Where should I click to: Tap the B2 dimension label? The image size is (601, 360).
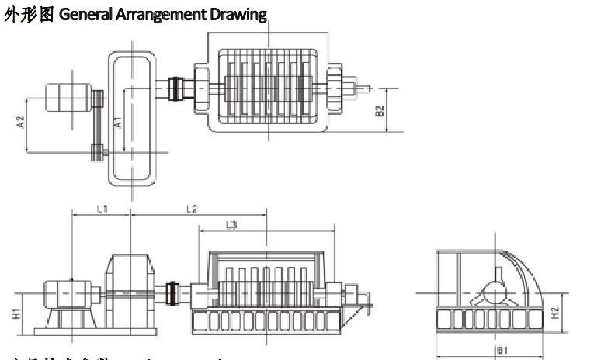[x=380, y=110]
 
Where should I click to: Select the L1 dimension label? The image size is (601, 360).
[x=102, y=209]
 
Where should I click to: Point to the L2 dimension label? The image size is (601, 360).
[x=192, y=209]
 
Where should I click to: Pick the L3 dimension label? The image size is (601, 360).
[x=231, y=225]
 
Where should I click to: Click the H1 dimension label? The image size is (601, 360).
[x=17, y=313]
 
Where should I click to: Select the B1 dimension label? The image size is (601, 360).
[x=502, y=350]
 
